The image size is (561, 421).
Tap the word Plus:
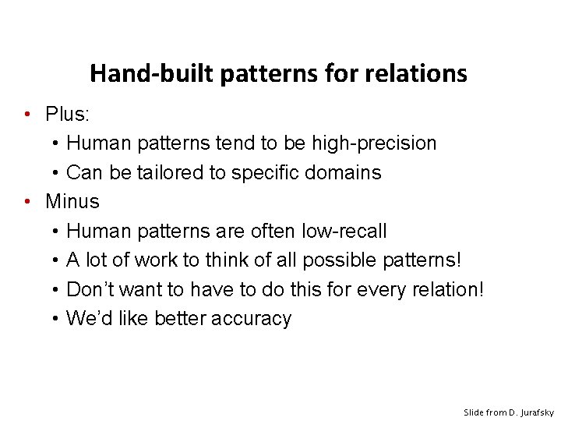[69, 115]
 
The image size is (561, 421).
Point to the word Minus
[72, 202]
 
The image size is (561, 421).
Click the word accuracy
[253, 319]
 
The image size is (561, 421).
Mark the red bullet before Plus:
[27, 115]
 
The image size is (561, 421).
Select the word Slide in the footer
[474, 411]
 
